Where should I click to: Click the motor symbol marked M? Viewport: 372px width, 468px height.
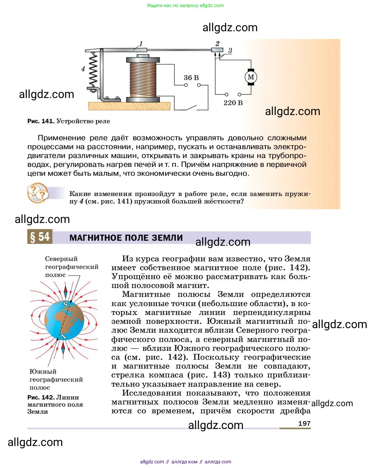pos(251,77)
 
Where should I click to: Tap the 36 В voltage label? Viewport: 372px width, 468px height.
pos(191,77)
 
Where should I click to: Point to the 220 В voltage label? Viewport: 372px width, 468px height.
pos(233,103)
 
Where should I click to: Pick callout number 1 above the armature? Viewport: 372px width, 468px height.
pos(141,44)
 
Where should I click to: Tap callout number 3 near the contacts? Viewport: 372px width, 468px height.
pos(230,51)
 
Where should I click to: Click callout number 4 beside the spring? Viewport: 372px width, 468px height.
pos(83,69)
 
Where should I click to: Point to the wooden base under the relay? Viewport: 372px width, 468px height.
pos(129,106)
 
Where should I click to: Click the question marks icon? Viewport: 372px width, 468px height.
pos(38,193)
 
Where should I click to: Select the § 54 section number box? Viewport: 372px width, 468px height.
pos(40,237)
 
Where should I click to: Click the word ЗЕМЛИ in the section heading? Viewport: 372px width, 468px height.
pos(167,238)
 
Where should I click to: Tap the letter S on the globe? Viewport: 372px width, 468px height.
pos(65,304)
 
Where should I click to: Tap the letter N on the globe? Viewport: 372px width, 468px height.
pos(64,336)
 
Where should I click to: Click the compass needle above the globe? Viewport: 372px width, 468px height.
pos(65,291)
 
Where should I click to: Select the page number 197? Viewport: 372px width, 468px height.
pos(304,424)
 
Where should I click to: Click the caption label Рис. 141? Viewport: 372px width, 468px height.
pos(41,121)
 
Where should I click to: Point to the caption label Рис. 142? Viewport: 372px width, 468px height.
pos(41,397)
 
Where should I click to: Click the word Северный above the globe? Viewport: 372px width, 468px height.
pos(61,259)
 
